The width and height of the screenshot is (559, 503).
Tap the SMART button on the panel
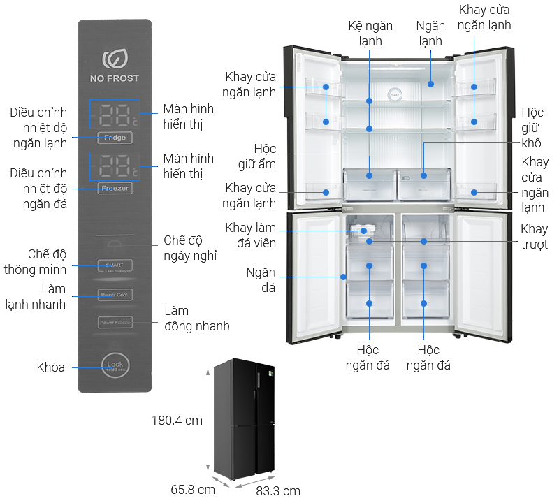point(115,266)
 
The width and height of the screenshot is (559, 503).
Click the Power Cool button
point(115,295)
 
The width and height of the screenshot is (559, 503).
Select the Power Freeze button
point(115,323)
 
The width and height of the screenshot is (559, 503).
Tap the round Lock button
point(115,365)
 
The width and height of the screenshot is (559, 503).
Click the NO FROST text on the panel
point(115,78)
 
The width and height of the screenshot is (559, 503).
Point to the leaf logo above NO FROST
point(114,58)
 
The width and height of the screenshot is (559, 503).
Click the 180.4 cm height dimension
point(177,421)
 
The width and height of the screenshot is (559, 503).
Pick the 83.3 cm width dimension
point(277,490)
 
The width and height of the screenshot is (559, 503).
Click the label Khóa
point(51,367)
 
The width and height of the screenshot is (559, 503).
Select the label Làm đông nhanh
point(196,318)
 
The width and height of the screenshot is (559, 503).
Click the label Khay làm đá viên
point(250,235)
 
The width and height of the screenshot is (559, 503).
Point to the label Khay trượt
point(535,237)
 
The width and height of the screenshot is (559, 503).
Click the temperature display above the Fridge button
point(114,115)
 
